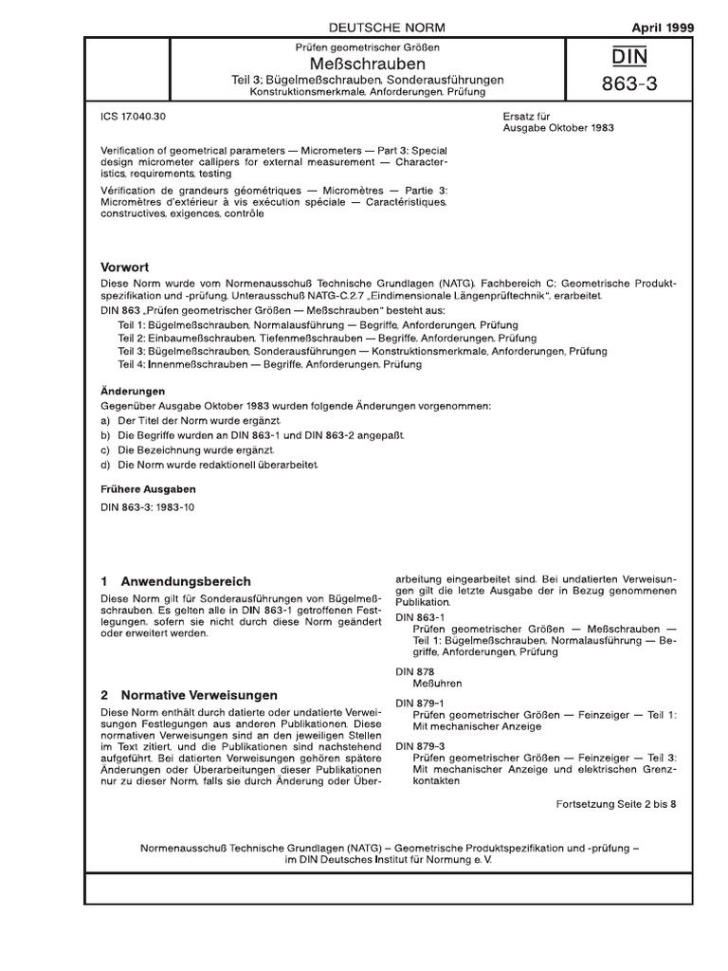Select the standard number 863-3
coord(628,87)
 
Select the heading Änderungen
coord(133,391)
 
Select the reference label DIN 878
coord(414,671)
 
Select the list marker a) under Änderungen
coord(104,420)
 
